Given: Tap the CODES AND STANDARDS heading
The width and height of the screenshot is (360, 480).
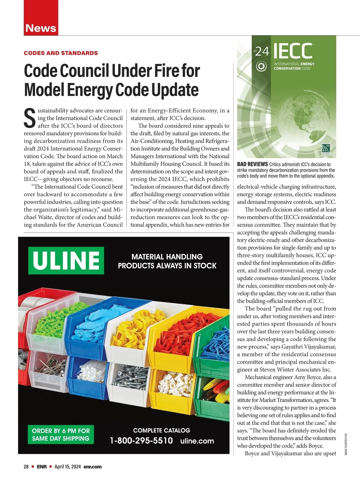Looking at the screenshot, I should [x=61, y=53].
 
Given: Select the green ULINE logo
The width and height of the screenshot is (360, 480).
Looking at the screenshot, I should [x=66, y=260].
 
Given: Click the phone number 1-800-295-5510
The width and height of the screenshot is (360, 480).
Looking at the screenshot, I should [x=141, y=441].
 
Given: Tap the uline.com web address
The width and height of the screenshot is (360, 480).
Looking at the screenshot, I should [x=197, y=441].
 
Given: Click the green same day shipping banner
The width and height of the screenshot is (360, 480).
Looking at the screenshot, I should [x=61, y=434].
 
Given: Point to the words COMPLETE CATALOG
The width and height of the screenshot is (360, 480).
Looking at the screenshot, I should [x=161, y=430].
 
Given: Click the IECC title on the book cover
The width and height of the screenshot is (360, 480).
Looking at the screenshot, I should [x=292, y=51].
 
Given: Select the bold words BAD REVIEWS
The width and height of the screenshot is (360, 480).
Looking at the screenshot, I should [x=252, y=164].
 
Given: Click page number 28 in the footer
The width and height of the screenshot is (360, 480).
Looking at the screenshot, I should [x=26, y=467].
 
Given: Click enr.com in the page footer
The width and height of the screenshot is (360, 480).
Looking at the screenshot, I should [x=92, y=467].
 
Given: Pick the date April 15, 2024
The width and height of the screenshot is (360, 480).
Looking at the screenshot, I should [x=67, y=467].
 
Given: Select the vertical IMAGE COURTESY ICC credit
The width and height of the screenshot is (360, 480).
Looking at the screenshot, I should [x=346, y=444].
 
